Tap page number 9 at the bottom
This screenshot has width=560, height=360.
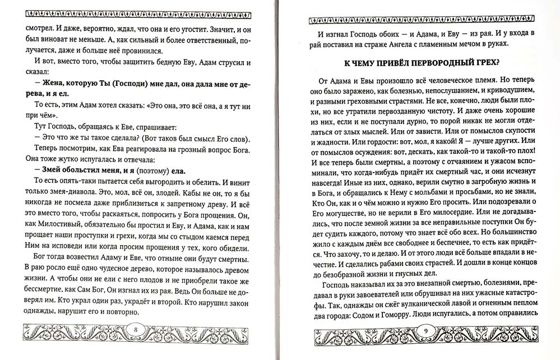(425, 330)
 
